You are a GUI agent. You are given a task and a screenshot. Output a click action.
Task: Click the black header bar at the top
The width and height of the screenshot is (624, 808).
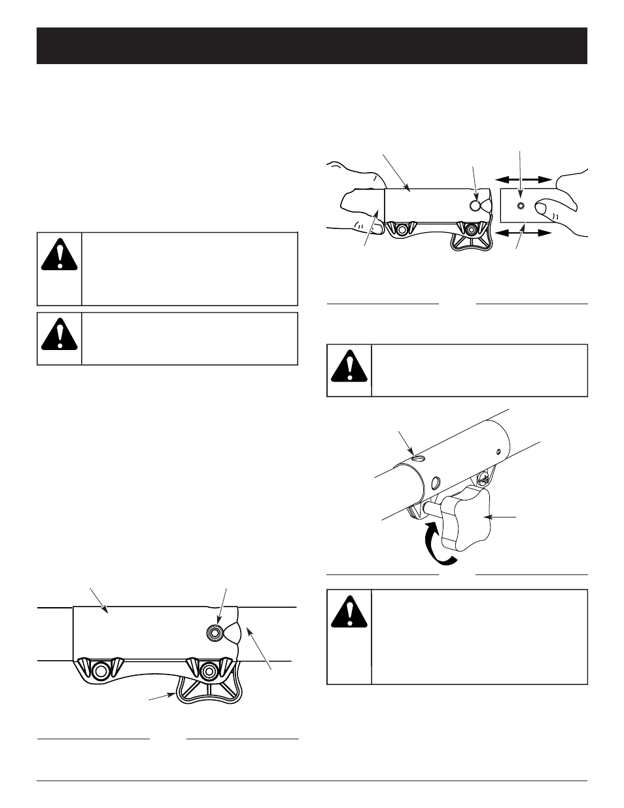click(312, 46)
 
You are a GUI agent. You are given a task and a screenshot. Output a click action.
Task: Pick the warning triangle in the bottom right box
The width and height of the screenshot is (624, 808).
click(349, 612)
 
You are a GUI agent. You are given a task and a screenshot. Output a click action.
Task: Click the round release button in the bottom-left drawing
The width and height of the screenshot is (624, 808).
click(215, 631)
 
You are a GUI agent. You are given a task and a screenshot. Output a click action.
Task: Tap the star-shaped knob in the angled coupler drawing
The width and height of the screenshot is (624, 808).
click(464, 521)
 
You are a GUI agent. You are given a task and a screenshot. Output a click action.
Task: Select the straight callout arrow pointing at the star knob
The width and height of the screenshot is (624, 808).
click(504, 517)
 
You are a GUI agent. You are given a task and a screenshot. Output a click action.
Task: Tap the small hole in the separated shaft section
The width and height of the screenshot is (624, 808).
click(521, 205)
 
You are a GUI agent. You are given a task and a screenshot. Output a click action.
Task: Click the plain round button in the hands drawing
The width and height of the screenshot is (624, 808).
click(476, 205)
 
